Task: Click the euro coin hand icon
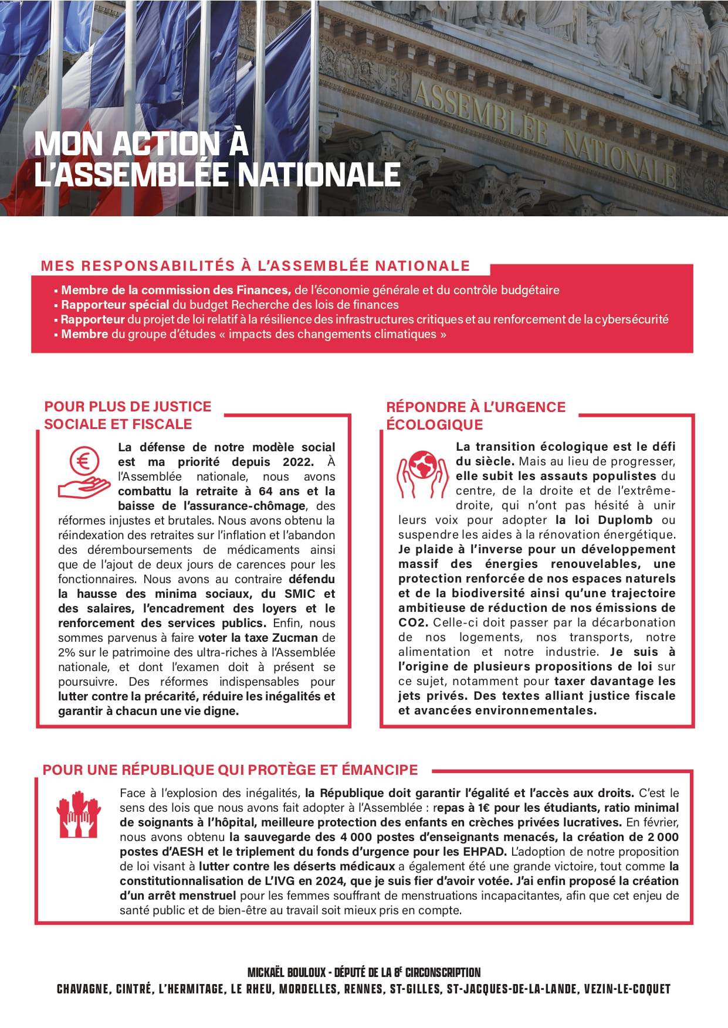pos(83,470)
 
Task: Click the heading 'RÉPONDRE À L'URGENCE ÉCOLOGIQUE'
pos(475,415)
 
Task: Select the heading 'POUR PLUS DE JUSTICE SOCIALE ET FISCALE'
pos(127,414)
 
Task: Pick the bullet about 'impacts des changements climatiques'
pos(253,334)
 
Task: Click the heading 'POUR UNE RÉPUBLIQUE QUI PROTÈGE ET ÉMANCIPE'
pos(230,770)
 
